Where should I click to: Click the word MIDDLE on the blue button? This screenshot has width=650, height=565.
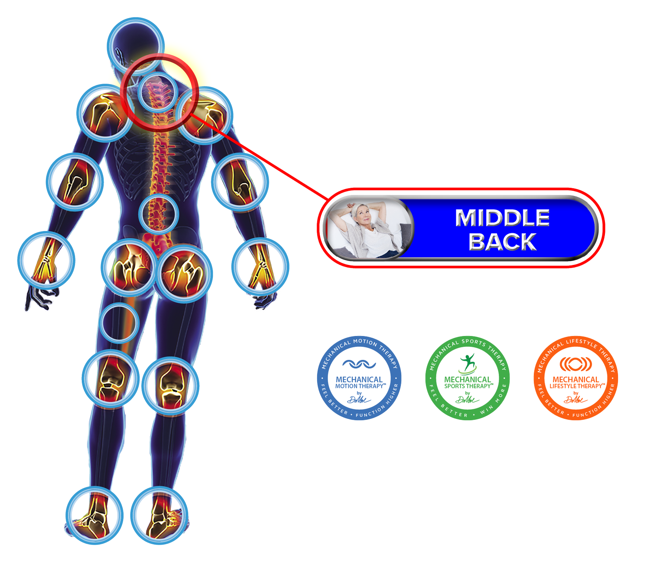pos(502,218)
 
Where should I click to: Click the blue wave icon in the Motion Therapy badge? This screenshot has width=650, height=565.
pos(359,364)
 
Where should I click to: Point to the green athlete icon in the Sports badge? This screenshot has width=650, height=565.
pos(467,363)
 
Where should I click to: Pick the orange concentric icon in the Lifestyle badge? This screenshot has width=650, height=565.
pos(575,364)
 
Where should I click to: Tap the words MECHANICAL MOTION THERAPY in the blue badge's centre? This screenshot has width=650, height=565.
pos(359,382)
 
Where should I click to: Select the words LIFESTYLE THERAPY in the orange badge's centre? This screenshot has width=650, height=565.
pos(576,386)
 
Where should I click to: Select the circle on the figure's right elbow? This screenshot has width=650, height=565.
pos(240,181)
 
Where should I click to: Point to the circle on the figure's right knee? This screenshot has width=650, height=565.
pos(170,385)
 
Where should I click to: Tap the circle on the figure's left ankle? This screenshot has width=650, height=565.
pos(94,515)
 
